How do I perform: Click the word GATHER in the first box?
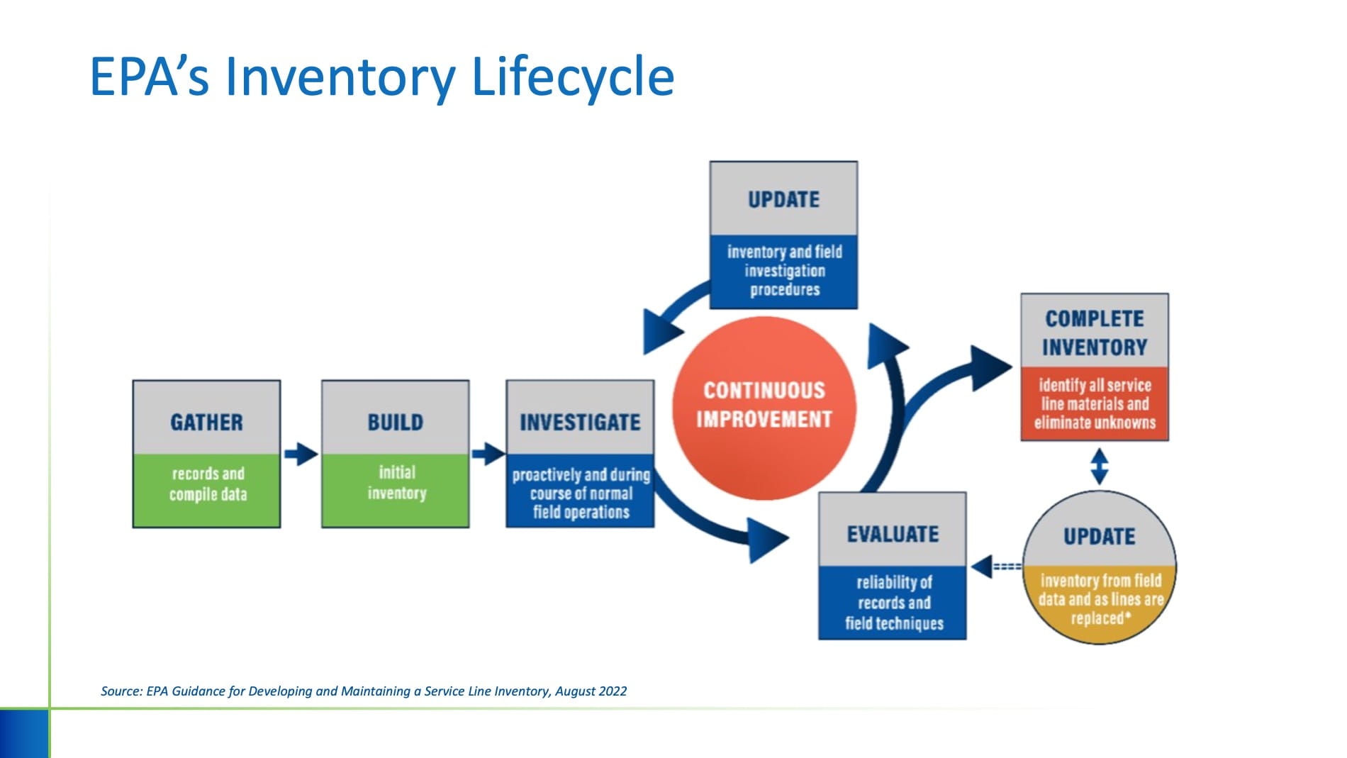[206, 423]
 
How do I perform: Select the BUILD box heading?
[395, 423]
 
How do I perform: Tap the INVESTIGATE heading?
[580, 423]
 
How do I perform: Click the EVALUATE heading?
[893, 534]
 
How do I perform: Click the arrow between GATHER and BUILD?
[301, 454]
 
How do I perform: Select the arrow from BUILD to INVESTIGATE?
[488, 454]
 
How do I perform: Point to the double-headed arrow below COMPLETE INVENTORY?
[1099, 467]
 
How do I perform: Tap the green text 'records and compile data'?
[208, 484]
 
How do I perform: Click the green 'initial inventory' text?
[396, 482]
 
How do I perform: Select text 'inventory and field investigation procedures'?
[784, 271]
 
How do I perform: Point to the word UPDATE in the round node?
[1099, 537]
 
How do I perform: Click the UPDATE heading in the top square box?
[783, 200]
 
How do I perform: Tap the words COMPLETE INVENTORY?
[1095, 333]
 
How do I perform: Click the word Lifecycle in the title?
[571, 77]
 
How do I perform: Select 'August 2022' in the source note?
[591, 691]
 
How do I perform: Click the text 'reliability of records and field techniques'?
[893, 603]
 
